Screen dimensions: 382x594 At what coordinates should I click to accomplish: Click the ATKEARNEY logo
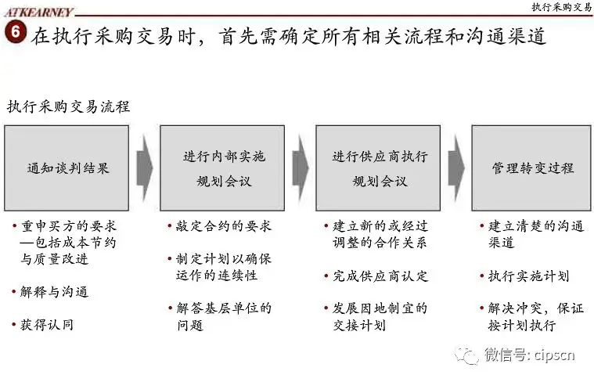coord(38,11)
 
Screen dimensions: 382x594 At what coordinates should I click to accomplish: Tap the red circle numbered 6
coord(13,34)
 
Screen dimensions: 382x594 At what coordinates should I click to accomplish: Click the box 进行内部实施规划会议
coord(224,168)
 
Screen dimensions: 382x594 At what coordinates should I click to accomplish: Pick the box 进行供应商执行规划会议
coord(380,168)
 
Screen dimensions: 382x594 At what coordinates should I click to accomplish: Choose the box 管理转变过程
coord(533,168)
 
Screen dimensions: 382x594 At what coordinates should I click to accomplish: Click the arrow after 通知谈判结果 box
coord(144,168)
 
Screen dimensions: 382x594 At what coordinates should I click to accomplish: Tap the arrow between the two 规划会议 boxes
coord(301,168)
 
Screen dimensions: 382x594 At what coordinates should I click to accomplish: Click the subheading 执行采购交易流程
coord(68,107)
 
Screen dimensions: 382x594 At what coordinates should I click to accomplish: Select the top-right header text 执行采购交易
coord(561,7)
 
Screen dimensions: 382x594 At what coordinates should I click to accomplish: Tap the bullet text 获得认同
coord(48,323)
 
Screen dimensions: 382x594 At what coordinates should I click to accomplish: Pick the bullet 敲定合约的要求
coord(225,226)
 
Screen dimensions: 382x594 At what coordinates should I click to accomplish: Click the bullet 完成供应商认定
coord(381,276)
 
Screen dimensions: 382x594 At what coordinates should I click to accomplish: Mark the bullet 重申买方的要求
coord(69,226)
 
